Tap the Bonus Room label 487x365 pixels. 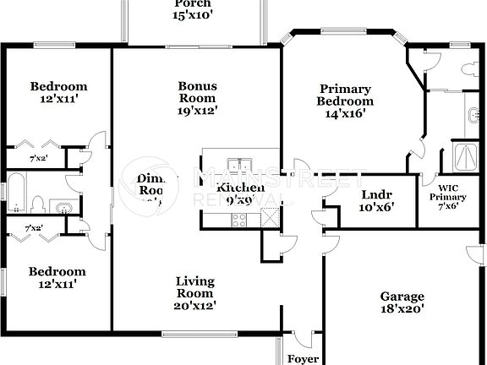pos(197,92)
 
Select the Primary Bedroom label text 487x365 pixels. pos(344,101)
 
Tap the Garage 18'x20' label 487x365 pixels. pos(402,302)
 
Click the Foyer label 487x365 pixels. pos(304,358)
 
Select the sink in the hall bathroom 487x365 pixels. pos(60,205)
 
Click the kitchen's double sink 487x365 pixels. pos(239,165)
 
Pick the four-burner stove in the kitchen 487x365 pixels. pos(239,220)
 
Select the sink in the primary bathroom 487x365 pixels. pos(472,113)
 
